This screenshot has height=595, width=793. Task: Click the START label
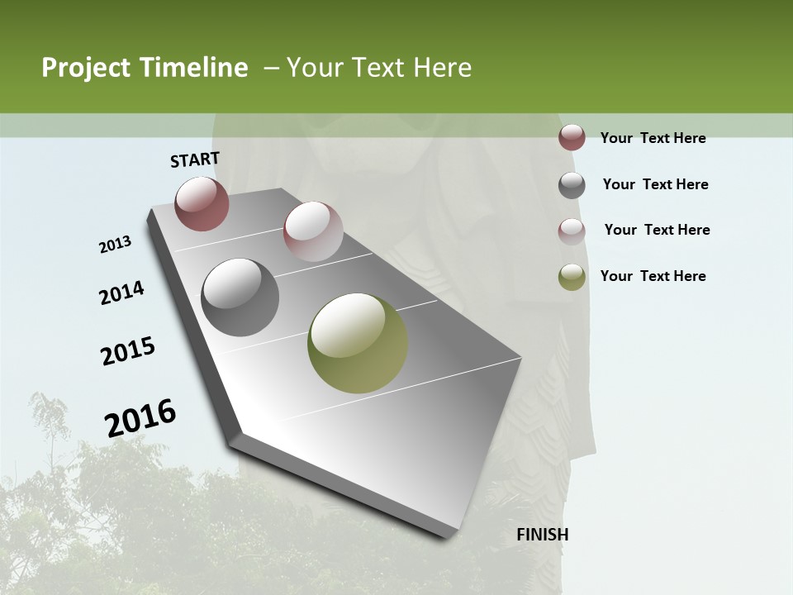[195, 159]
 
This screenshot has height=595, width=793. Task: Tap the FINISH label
[542, 534]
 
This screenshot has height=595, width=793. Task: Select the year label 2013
[116, 244]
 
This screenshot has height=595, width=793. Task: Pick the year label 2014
[121, 293]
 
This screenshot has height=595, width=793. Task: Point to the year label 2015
[128, 351]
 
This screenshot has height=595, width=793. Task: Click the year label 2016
[140, 417]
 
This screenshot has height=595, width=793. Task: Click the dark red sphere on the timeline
[202, 203]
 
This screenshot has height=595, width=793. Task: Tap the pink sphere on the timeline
[313, 231]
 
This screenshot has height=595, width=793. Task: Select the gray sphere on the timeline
[240, 297]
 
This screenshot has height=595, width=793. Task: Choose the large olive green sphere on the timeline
[358, 343]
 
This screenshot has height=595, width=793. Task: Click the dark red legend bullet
[572, 138]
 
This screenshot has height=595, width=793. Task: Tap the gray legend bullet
[572, 185]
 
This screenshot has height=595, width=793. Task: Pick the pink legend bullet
[572, 231]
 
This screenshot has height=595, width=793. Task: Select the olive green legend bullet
[572, 277]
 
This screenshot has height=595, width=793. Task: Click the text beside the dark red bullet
[653, 138]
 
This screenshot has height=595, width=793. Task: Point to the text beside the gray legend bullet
[655, 184]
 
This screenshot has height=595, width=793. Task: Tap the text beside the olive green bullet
[653, 276]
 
